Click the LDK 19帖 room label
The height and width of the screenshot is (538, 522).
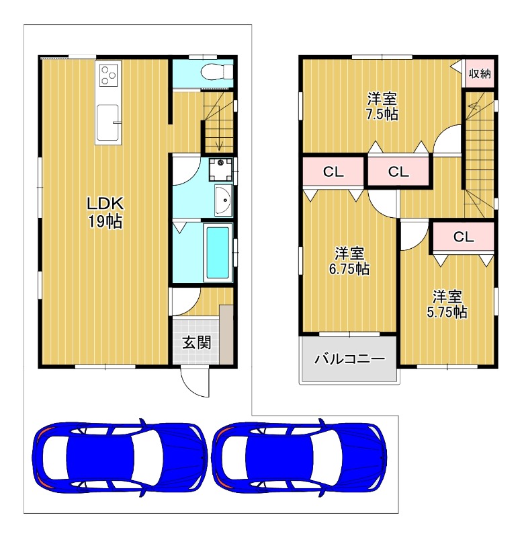pos(105,213)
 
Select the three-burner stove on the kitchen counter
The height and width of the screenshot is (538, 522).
pos(109,75)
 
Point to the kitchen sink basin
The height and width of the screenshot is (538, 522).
pos(108,122)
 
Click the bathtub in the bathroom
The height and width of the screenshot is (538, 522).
pos(218,253)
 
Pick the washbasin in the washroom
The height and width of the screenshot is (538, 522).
pos(224,200)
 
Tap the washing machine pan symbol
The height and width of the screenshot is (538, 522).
pos(221,169)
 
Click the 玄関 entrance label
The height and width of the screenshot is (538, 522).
pos(196,342)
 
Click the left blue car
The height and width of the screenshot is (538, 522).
pos(120,457)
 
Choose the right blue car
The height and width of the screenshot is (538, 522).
pos(300,457)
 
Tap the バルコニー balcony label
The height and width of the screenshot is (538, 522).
pos(349,359)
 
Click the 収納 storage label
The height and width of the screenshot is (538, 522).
pos(480,73)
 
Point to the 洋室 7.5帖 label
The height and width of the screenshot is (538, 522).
pos(382,106)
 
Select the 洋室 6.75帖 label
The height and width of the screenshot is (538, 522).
pos(349,261)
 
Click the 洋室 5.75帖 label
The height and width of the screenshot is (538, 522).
pos(447,305)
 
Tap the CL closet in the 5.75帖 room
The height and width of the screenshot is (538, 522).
pos(464,237)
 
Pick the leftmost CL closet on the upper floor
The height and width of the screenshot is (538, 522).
pos(333,171)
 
